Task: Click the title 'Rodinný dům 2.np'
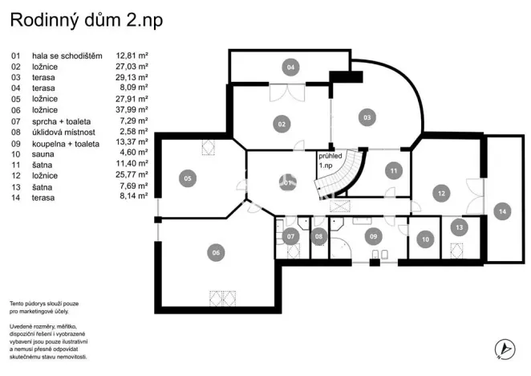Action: click(x=87, y=21)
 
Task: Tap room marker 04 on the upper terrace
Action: click(x=291, y=67)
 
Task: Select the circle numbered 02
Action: click(x=282, y=124)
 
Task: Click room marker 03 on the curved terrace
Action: click(x=367, y=117)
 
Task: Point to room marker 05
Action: click(x=188, y=178)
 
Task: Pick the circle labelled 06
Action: click(x=215, y=253)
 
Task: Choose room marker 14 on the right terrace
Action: click(x=502, y=210)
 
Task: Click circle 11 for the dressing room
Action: click(x=392, y=170)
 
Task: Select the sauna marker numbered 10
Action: click(x=425, y=238)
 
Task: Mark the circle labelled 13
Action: click(x=460, y=227)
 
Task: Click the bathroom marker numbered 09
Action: click(x=372, y=236)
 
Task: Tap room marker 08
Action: click(x=318, y=236)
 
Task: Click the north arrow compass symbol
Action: click(x=505, y=348)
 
